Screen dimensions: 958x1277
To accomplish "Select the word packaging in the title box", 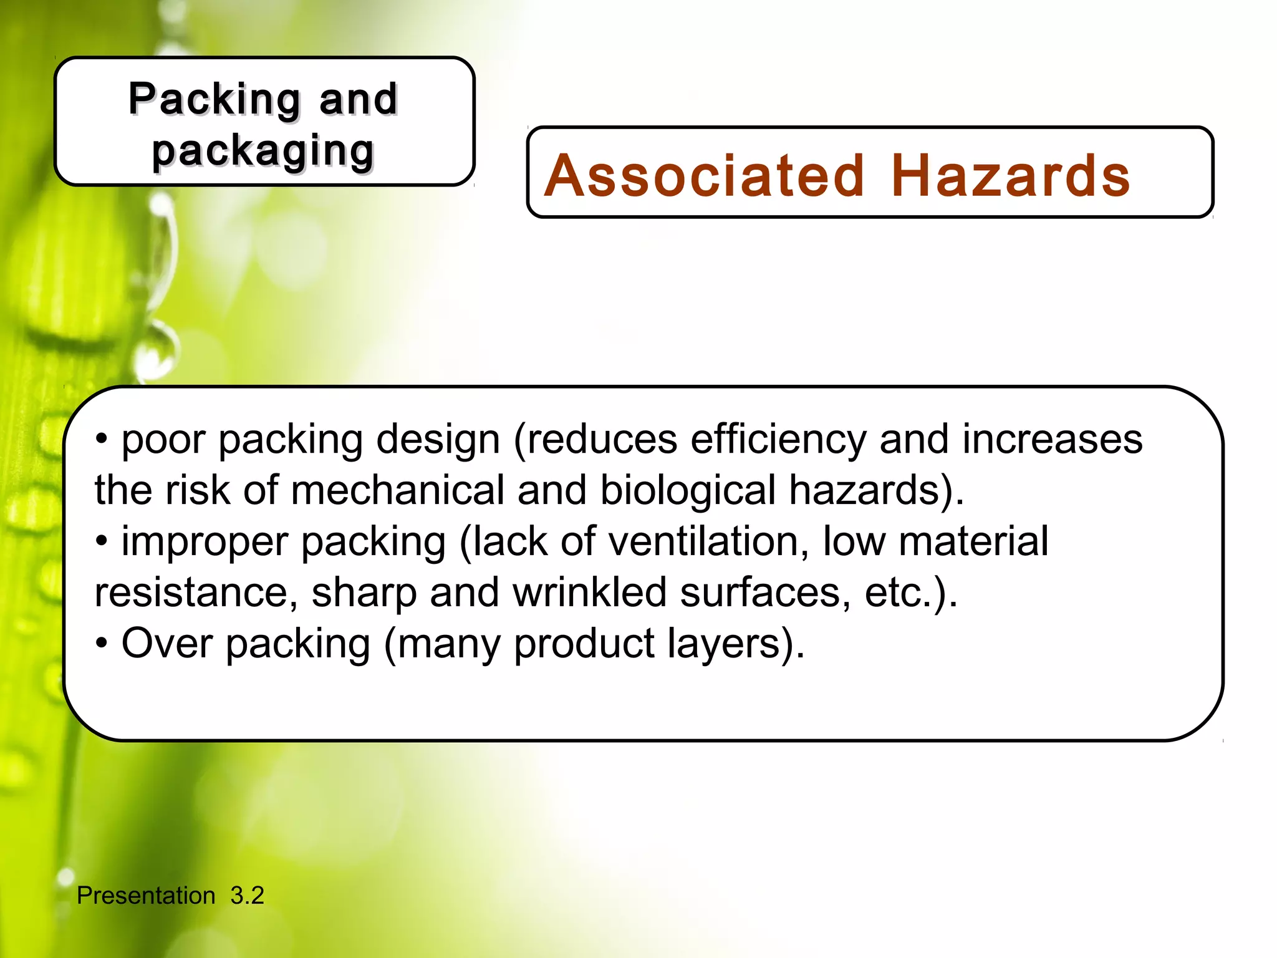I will click(263, 152).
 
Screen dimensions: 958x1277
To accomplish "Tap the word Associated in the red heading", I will click(705, 177).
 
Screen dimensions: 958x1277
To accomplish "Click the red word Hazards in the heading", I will click(1010, 177).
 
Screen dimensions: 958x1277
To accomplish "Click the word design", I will click(438, 440).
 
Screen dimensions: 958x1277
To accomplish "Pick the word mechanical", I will click(397, 490).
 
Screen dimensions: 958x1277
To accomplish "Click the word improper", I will click(205, 543).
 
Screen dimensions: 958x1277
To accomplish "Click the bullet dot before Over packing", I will click(102, 643).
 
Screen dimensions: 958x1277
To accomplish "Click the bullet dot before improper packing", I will click(102, 541).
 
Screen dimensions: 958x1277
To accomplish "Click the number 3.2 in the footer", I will click(247, 896).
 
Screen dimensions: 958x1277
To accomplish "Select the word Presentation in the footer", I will click(146, 896).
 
